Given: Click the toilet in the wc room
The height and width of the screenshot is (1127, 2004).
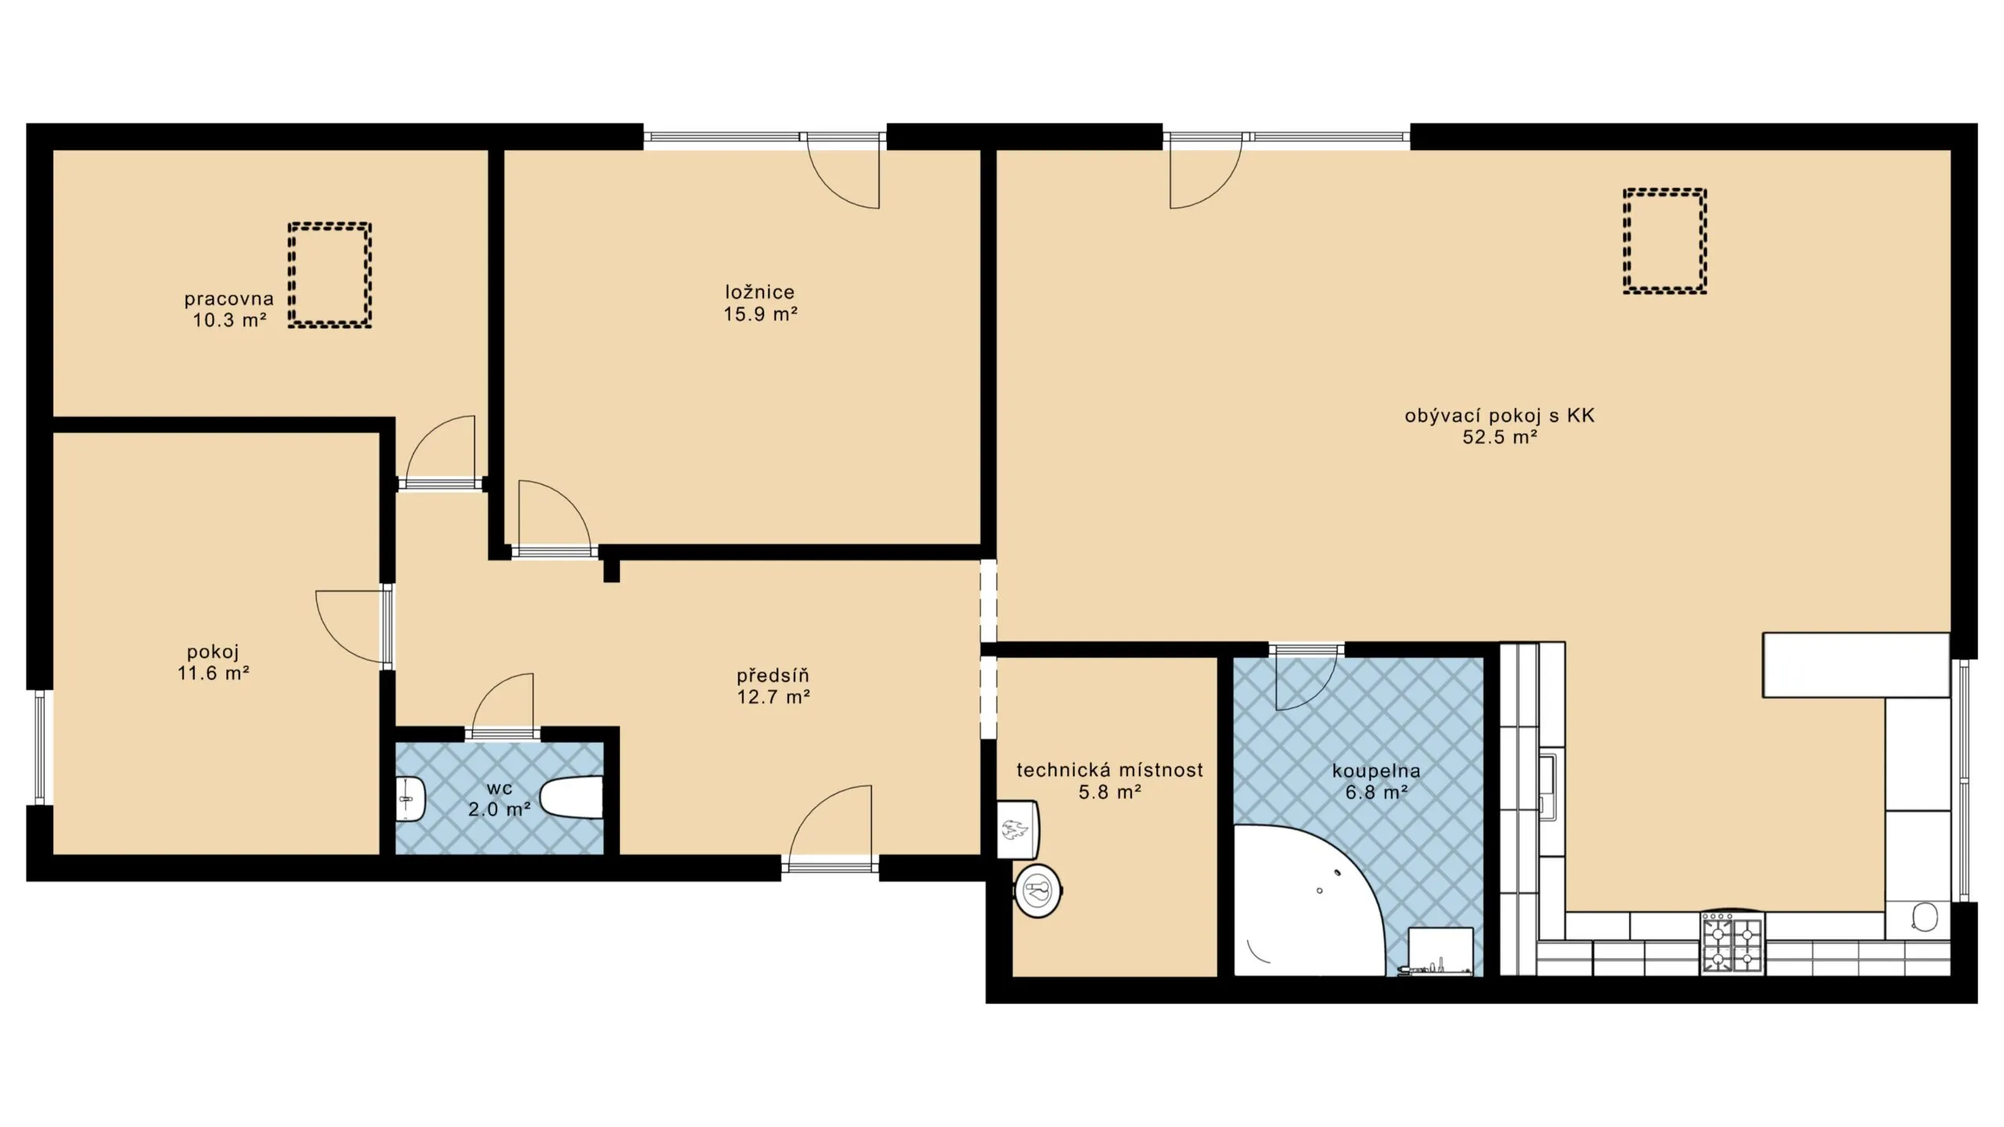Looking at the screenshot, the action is [571, 798].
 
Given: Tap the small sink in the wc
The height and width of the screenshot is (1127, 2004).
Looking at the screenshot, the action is [410, 799].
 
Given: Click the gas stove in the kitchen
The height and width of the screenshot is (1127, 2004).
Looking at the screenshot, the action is [1732, 945].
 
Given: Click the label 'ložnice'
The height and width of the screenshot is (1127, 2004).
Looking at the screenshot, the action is [759, 292].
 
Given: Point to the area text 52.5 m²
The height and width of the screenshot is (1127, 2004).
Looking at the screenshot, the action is [1500, 437].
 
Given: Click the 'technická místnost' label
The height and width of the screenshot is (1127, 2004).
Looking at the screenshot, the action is [1109, 770].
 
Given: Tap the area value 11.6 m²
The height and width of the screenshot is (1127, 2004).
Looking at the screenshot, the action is [213, 672].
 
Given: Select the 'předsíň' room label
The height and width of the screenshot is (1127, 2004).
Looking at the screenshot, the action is [773, 675].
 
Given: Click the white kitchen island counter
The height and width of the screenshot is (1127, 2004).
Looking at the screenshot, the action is [1855, 664].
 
